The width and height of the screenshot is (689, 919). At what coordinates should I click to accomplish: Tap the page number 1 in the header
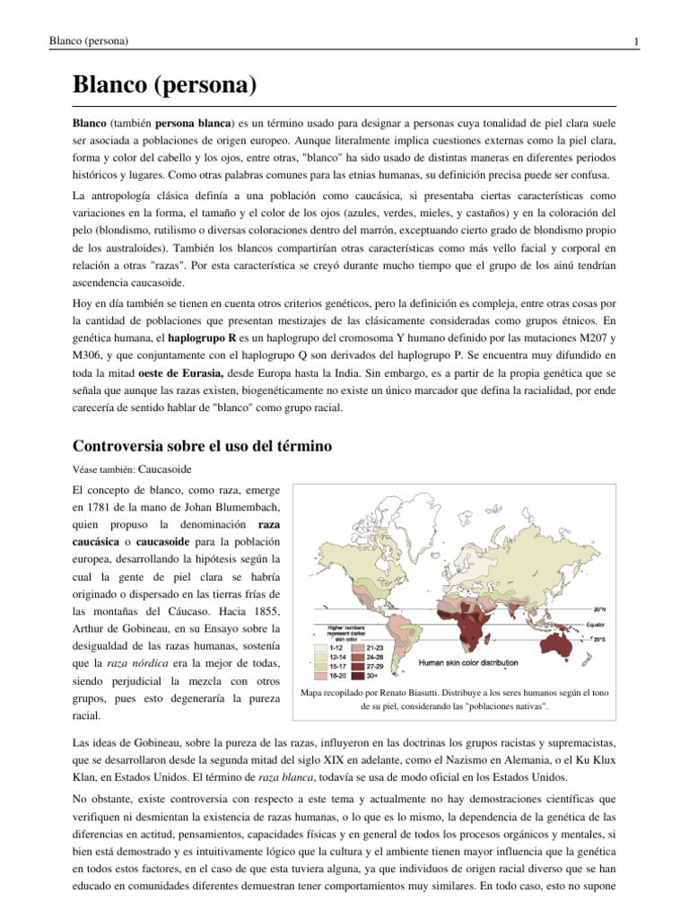tap(635, 42)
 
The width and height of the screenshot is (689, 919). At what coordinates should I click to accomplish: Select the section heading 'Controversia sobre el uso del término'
tap(202, 445)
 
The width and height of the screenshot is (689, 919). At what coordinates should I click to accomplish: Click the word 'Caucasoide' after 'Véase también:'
tap(166, 468)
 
